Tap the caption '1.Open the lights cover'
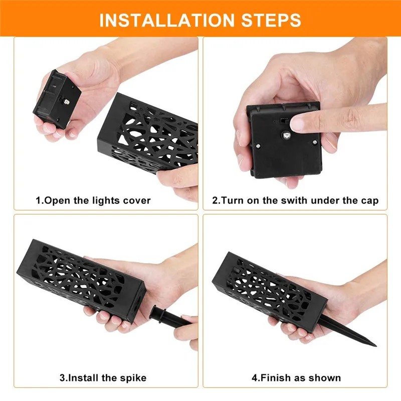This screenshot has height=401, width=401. click(93, 200)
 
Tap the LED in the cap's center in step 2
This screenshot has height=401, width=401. click(285, 135)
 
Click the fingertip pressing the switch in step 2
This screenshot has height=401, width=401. click(301, 121)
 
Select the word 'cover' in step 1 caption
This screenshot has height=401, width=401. click(137, 200)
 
